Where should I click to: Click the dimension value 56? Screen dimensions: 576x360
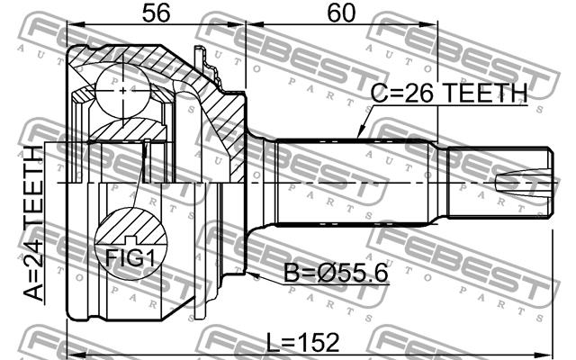click(x=156, y=13)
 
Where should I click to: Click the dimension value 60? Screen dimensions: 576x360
click(x=341, y=13)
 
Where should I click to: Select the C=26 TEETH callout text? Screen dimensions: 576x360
click(x=449, y=93)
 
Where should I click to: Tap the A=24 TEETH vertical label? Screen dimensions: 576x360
click(x=33, y=223)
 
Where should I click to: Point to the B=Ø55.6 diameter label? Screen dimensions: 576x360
click(x=336, y=274)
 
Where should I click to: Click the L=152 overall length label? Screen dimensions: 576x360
click(x=302, y=343)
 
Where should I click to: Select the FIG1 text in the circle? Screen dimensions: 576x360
click(x=130, y=257)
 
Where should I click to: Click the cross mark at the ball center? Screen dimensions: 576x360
click(x=122, y=90)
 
